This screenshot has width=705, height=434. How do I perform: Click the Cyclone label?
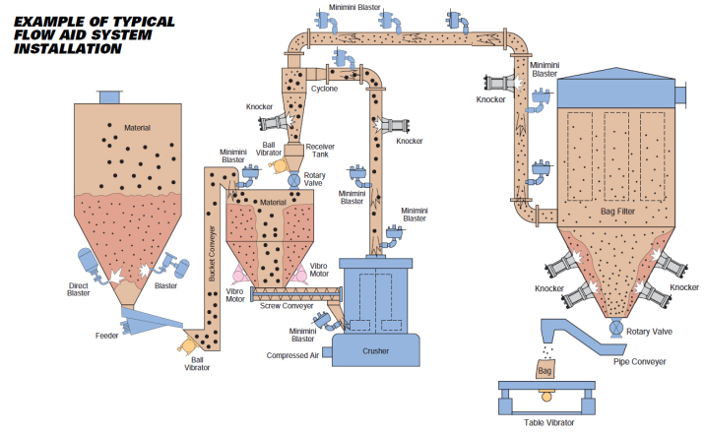click(324, 89)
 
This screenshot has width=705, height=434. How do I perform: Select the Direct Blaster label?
click(79, 289)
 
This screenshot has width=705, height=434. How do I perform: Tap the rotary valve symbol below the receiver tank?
click(292, 181)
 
